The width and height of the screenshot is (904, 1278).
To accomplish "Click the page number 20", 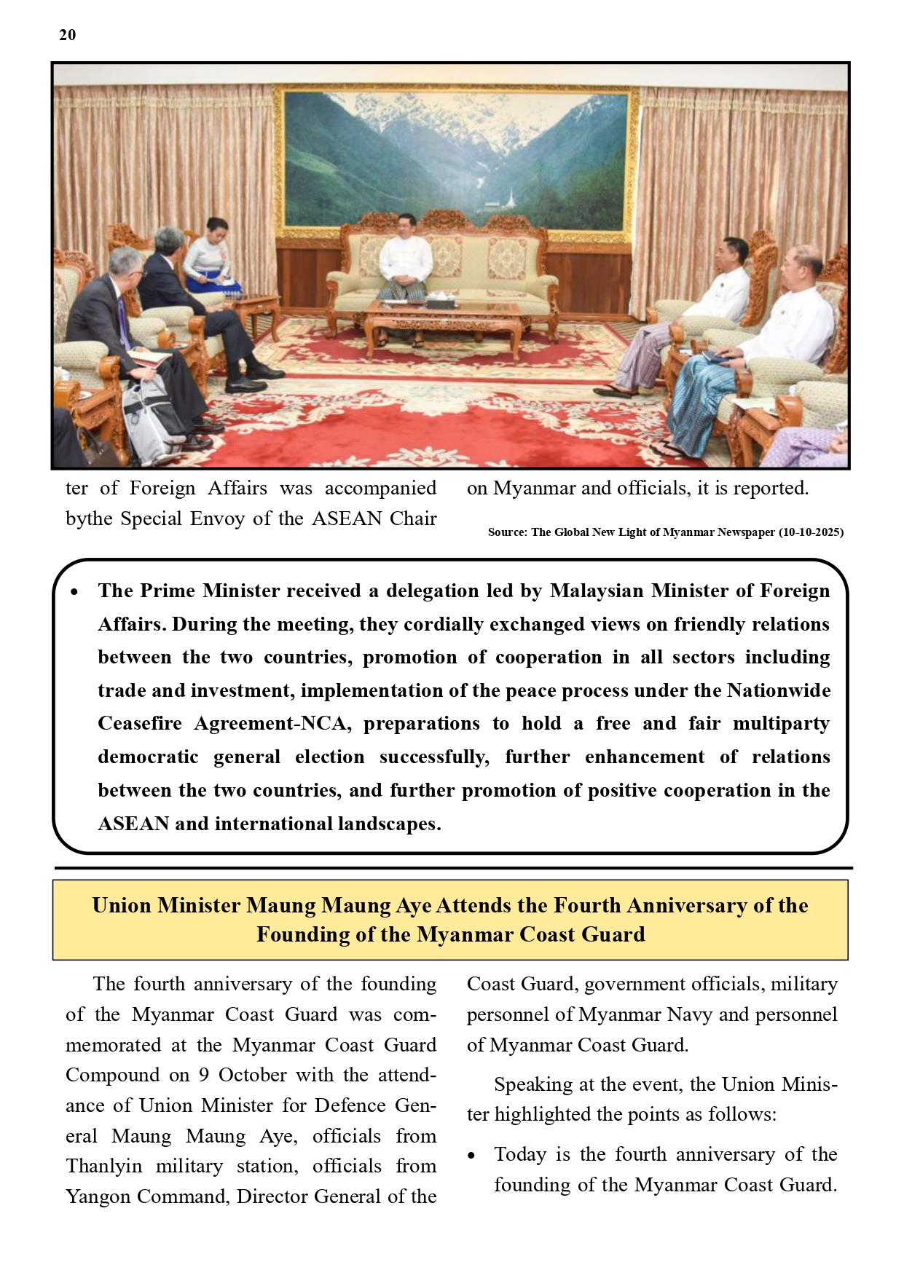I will pyautogui.click(x=67, y=35).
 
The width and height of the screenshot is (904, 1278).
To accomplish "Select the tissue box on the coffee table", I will pyautogui.click(x=441, y=301).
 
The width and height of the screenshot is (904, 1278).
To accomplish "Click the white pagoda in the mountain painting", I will pyautogui.click(x=509, y=197).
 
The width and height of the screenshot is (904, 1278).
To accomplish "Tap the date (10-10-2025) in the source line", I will pyautogui.click(x=811, y=532).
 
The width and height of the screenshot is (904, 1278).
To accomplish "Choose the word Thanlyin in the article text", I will pyautogui.click(x=104, y=1167).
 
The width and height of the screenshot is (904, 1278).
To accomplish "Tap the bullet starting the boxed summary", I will pyautogui.click(x=75, y=592).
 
